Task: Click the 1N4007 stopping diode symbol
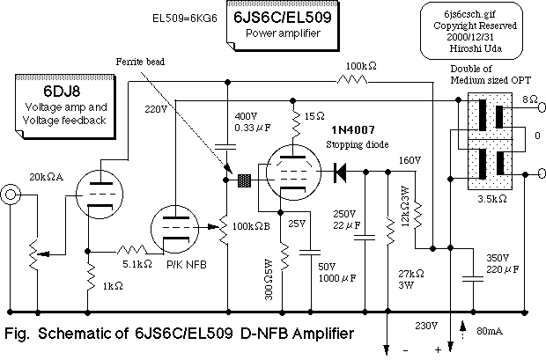[x=340, y=173]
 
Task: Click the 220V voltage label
[x=154, y=109]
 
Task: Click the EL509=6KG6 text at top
[x=179, y=16]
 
